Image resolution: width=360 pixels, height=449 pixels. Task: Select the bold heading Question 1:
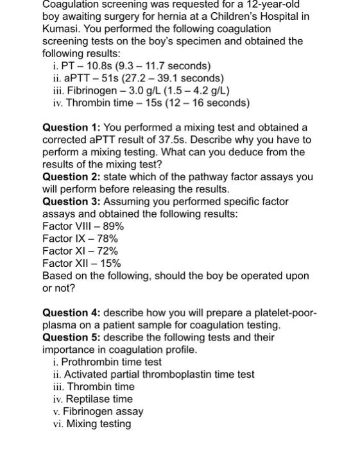71,128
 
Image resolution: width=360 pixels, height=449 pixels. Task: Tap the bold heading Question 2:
71,177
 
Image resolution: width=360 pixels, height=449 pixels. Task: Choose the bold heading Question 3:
71,201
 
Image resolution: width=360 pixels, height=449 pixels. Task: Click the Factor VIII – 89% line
83,226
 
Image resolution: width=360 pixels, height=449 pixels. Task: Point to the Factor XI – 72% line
80,251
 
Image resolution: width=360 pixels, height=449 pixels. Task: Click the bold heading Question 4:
71,312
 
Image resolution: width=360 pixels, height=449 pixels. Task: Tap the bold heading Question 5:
71,337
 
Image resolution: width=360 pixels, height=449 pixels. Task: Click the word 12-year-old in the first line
274,4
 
